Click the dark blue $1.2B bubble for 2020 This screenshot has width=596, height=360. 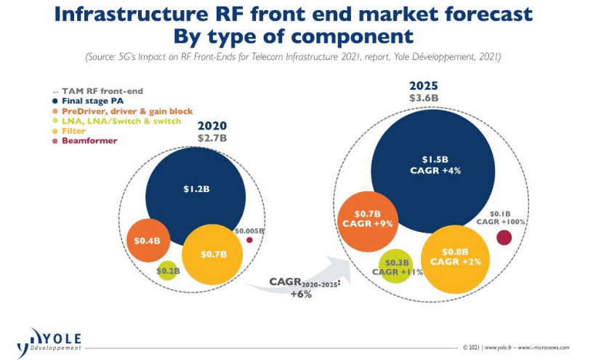[196, 191]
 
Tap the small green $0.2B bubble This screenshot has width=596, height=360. [167, 271]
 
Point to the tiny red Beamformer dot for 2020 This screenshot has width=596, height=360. [249, 239]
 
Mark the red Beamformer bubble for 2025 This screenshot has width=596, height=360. [504, 238]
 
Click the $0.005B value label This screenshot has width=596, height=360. [250, 230]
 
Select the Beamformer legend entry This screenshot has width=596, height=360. [86, 140]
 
